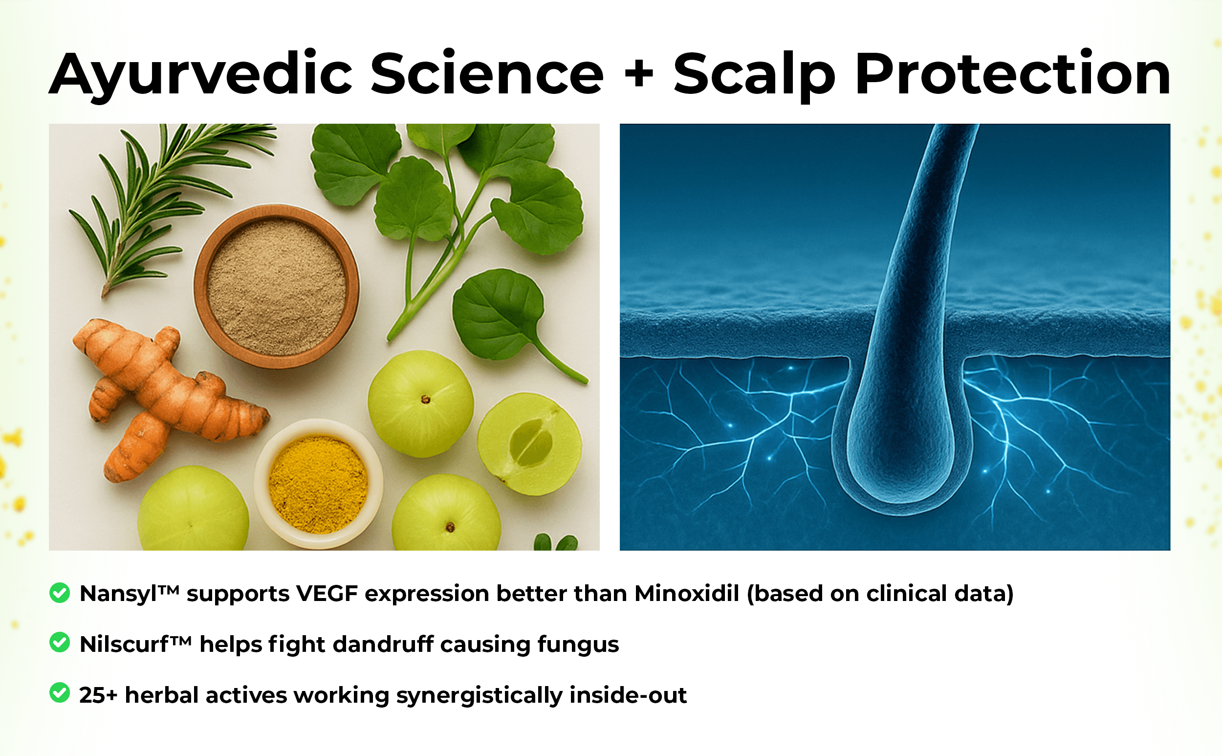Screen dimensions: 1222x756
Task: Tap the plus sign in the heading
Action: click(x=639, y=75)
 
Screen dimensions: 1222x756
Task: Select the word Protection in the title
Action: click(x=1013, y=75)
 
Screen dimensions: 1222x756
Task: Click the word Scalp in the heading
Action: click(x=754, y=75)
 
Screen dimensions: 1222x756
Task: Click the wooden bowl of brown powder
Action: click(x=276, y=286)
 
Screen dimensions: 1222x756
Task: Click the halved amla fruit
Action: click(x=530, y=444)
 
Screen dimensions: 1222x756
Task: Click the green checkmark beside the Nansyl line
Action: click(x=60, y=593)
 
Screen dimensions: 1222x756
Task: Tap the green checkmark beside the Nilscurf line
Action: click(x=60, y=643)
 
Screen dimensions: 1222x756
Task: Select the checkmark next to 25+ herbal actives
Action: click(x=60, y=693)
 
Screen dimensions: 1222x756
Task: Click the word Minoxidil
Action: click(x=687, y=594)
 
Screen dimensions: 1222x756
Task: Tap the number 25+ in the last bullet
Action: click(x=98, y=695)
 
